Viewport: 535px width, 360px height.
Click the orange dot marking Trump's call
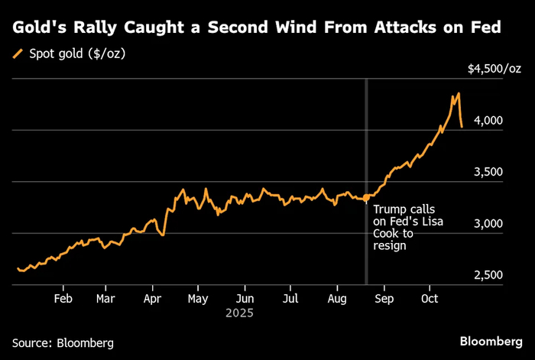[x=366, y=197]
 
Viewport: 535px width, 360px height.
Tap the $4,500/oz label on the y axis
[x=494, y=69]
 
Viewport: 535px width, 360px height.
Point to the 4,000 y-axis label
[x=488, y=121]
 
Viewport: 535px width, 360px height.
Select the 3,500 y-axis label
[x=488, y=172]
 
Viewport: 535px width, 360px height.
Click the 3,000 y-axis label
[x=488, y=224]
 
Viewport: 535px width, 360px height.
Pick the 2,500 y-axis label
[x=488, y=275]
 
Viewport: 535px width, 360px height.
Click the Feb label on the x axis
[x=63, y=299]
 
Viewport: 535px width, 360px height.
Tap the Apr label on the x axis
[x=152, y=300]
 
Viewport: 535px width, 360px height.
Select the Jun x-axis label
[x=245, y=299]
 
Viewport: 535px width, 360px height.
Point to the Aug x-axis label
[x=337, y=300]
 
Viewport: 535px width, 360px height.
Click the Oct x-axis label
[x=430, y=299]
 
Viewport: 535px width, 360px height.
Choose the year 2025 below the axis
[x=239, y=313]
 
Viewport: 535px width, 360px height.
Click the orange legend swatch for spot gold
[x=18, y=54]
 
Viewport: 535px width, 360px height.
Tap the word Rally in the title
[x=96, y=28]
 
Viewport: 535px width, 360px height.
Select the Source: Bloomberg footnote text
[x=63, y=343]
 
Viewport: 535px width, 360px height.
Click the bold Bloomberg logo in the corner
[x=491, y=342]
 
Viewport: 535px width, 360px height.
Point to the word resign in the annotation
[x=390, y=246]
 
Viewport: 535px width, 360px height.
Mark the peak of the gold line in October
[x=459, y=92]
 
